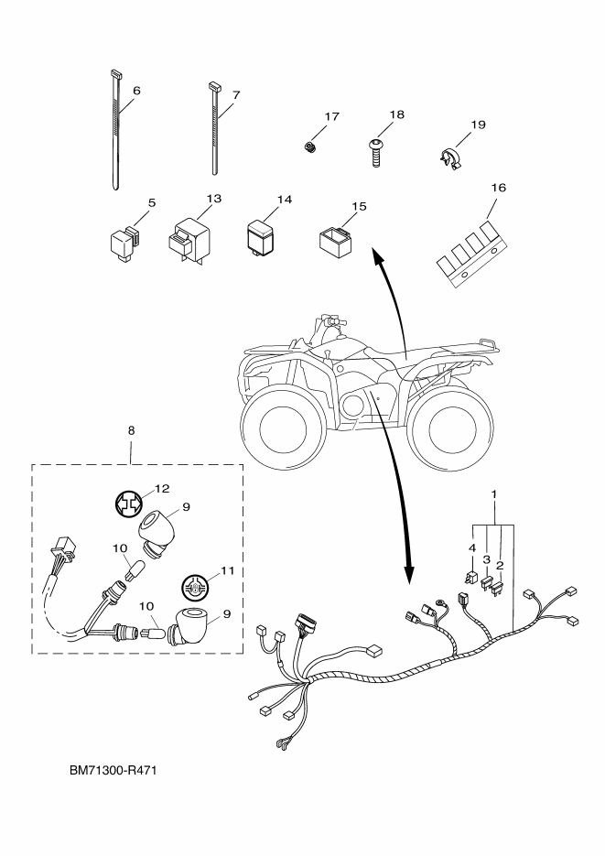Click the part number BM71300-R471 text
(x=113, y=771)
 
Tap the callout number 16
(x=498, y=188)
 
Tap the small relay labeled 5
(x=124, y=242)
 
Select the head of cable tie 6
(x=114, y=72)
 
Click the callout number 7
(x=235, y=95)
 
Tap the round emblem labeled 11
(x=195, y=588)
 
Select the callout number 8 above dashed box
(x=131, y=430)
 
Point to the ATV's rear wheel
(x=448, y=424)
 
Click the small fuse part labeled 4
(x=470, y=577)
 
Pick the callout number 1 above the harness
(x=493, y=494)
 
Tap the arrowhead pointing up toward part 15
(x=376, y=255)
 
